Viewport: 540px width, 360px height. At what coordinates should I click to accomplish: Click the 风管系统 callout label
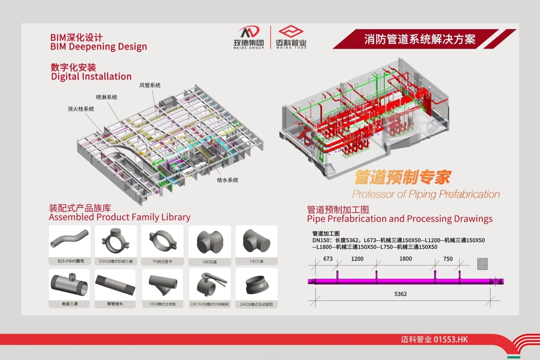[150, 85]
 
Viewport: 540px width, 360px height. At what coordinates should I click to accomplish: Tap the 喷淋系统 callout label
[107, 97]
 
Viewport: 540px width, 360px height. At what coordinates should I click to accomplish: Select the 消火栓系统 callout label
[81, 109]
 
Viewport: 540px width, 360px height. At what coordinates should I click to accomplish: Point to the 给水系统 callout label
[228, 180]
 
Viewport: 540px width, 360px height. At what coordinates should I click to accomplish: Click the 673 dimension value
[327, 259]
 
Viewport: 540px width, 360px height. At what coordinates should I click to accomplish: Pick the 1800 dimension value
[406, 259]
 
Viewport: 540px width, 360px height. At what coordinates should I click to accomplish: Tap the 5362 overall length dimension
[401, 294]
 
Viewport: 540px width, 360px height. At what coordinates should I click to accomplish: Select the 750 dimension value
[448, 259]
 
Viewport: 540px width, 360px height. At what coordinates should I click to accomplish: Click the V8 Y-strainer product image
[162, 285]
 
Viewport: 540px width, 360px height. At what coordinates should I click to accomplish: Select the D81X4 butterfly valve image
[209, 285]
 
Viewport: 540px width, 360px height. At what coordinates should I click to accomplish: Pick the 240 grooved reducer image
[256, 285]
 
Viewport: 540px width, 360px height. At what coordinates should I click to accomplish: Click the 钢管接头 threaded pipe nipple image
[115, 285]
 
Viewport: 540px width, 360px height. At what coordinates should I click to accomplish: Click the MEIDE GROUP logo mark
[249, 32]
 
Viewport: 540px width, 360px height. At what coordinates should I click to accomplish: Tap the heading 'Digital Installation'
[91, 76]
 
